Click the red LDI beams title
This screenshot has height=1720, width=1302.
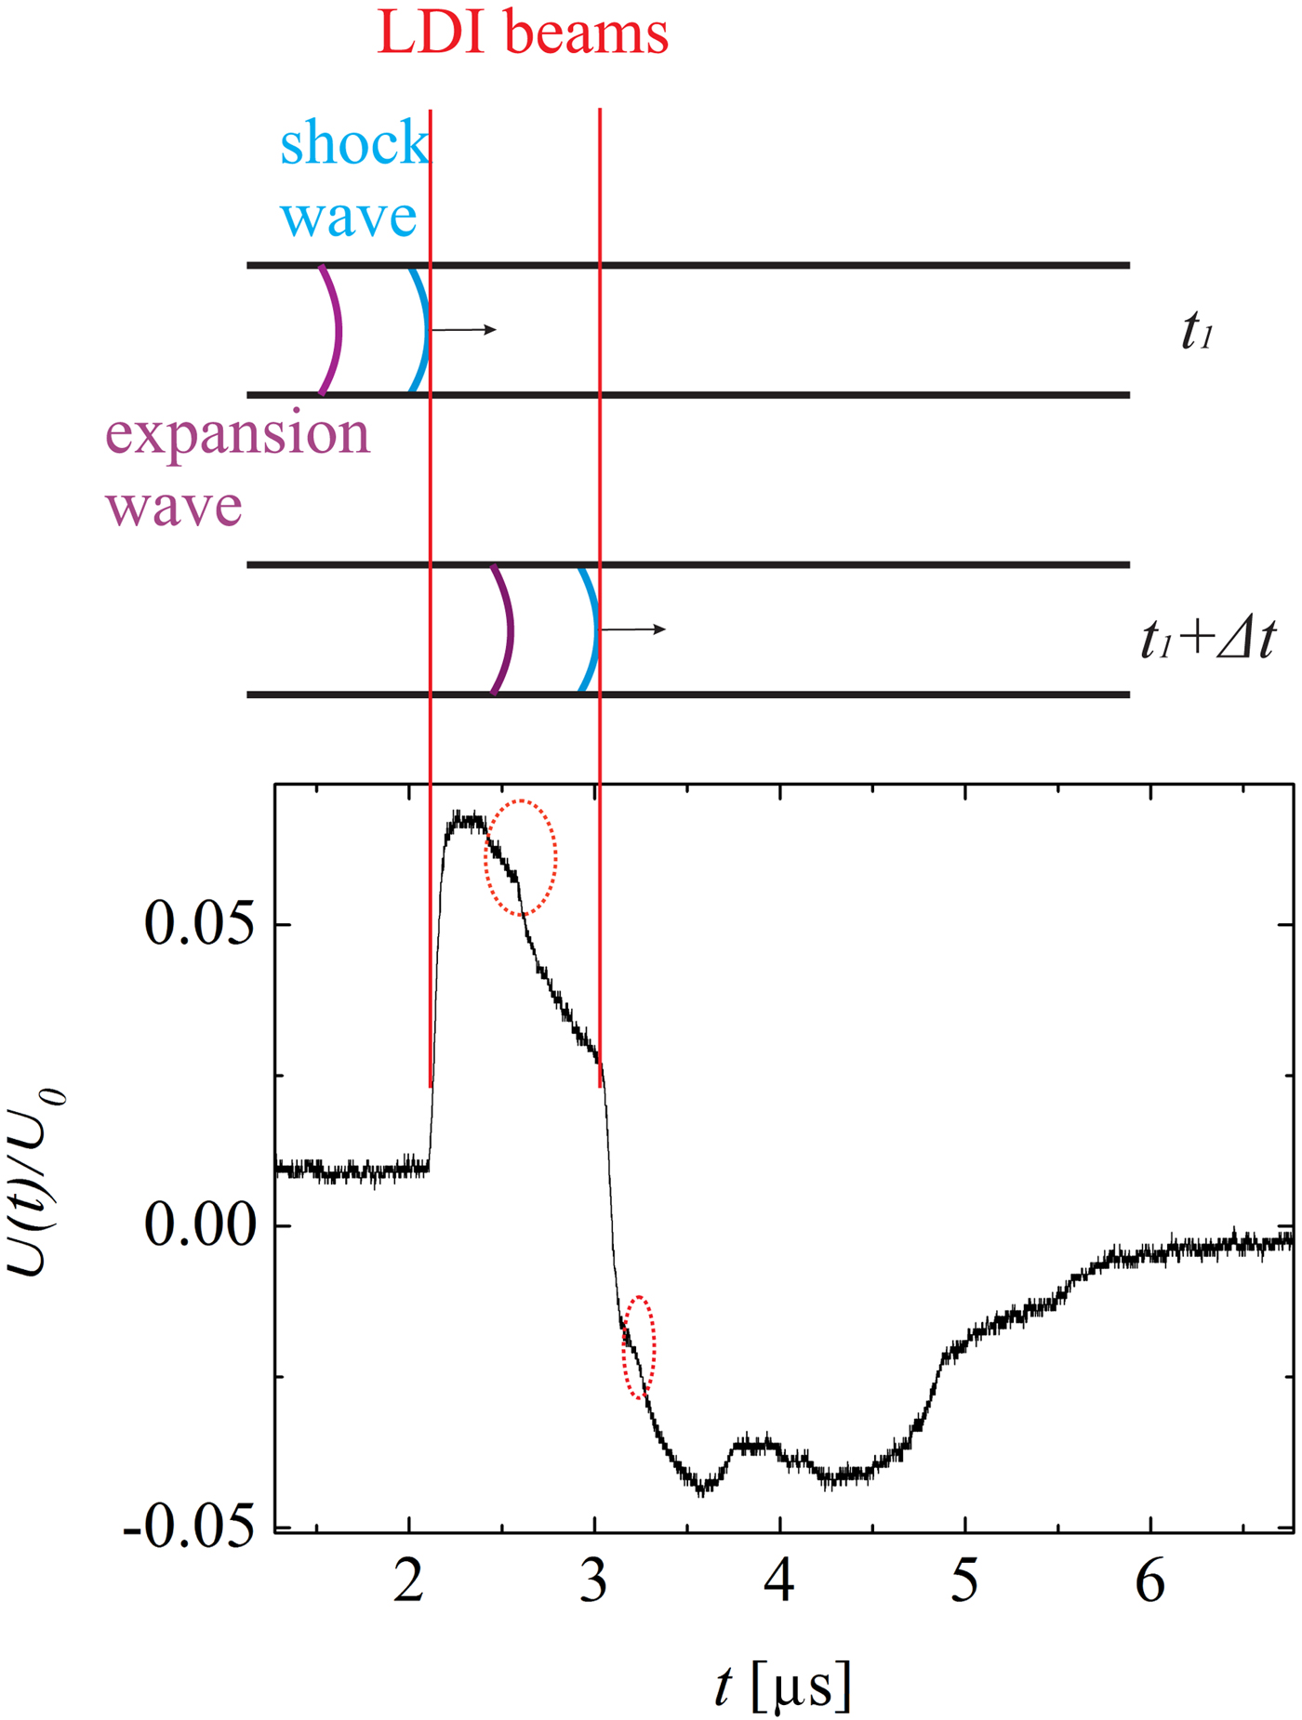pyautogui.click(x=523, y=33)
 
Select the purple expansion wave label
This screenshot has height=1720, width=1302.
pyautogui.click(x=237, y=470)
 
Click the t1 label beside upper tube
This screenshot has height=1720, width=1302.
pyautogui.click(x=1197, y=332)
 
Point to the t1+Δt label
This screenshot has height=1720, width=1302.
pyautogui.click(x=1208, y=640)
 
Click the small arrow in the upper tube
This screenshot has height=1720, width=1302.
pyautogui.click(x=465, y=330)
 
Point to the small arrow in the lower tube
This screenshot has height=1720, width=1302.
pyautogui.click(x=634, y=629)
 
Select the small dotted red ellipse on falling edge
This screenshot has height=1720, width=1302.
pyautogui.click(x=639, y=1346)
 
